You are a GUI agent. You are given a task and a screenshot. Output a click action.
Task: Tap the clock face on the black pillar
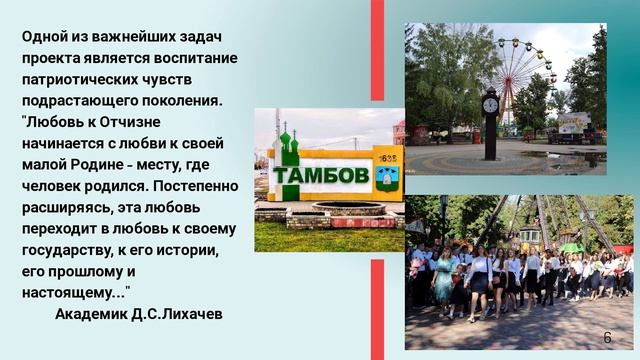(x=490, y=103)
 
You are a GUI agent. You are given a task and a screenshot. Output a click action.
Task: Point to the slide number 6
(x=607, y=337)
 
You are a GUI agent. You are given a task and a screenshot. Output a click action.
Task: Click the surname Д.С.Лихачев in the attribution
(x=179, y=314)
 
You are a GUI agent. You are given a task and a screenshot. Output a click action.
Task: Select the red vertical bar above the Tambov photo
(x=377, y=50)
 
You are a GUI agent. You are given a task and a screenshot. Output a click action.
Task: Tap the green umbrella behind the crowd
(x=571, y=247)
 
